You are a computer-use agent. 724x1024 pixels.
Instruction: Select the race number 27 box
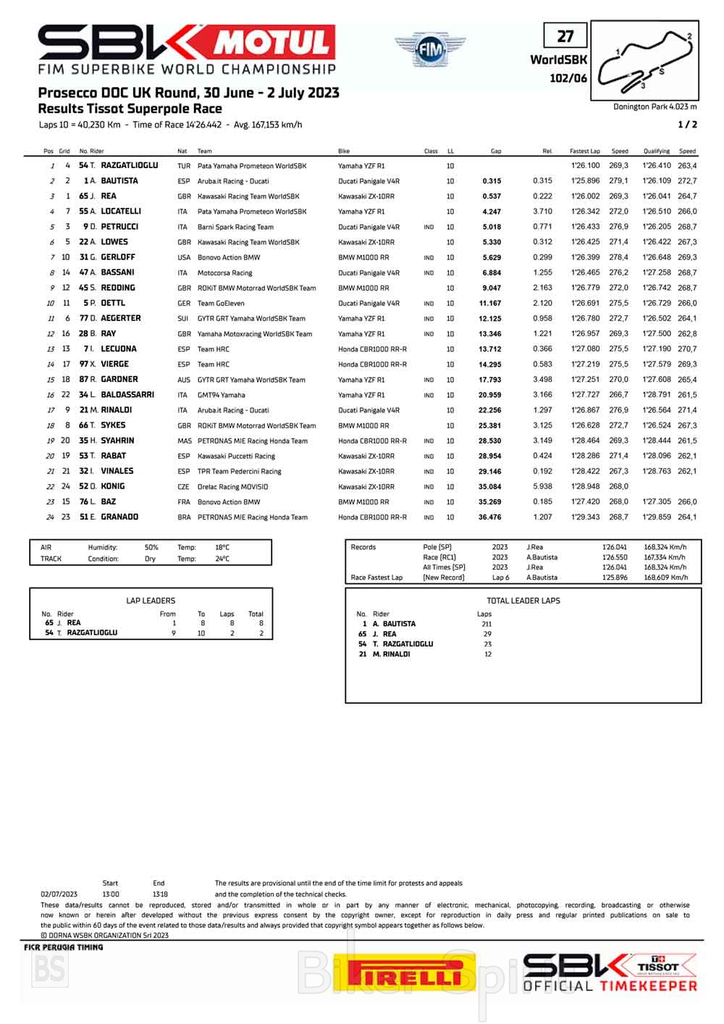pos(565,36)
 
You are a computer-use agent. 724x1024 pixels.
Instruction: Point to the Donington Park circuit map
pos(644,61)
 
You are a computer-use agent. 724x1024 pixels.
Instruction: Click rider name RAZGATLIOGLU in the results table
pos(129,166)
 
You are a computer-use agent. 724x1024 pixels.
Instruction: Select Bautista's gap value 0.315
pos(492,181)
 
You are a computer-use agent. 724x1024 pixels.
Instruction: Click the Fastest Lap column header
pos(584,151)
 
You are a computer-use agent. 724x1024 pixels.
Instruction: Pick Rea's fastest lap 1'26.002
pos(585,196)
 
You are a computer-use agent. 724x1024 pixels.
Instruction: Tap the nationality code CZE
pos(183,487)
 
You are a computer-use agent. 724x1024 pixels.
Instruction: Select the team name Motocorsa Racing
pos(224,273)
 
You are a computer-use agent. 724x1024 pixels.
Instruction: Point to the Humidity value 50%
pos(151,548)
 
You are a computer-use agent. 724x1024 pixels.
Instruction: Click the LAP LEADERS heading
pos(151,601)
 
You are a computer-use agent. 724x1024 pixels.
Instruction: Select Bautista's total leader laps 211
pos(487,624)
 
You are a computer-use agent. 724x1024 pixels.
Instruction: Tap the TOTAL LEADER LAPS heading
pos(523,601)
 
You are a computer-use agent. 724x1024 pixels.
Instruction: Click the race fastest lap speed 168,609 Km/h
pos(665,578)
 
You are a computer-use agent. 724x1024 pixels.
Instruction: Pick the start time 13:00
pos(110,894)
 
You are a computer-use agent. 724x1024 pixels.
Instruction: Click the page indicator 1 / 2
pos(687,125)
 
